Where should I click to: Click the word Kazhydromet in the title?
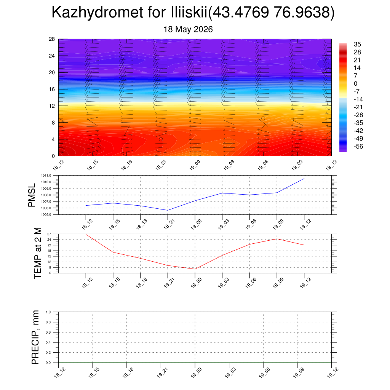[97, 13]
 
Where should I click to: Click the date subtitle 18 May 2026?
[188, 29]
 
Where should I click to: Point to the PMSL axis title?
[32, 195]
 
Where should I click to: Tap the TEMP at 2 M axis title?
[37, 253]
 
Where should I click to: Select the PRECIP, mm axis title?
[35, 337]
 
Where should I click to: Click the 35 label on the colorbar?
[357, 44]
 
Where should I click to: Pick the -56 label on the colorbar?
[358, 147]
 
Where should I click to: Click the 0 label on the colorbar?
[355, 83]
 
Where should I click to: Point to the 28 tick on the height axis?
[52, 39]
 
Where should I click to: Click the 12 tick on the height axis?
[52, 106]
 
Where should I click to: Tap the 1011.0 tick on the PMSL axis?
[46, 176]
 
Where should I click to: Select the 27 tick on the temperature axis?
[49, 234]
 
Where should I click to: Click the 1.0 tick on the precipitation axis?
[48, 312]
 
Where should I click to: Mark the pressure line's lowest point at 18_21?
[168, 210]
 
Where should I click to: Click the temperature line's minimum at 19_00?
[195, 269]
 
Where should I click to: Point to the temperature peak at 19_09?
[277, 239]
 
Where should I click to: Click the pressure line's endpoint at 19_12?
[304, 178]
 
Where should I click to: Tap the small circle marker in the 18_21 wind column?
[161, 139]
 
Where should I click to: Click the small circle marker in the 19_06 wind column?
[263, 118]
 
